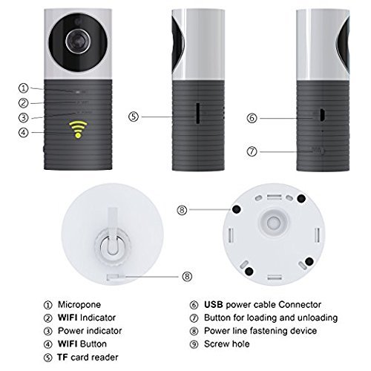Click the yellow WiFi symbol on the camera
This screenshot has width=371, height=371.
coord(78,129)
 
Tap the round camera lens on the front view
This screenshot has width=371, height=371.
coord(78,42)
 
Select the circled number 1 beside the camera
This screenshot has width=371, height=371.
coord(24,88)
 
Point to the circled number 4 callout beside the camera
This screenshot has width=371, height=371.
coord(24,133)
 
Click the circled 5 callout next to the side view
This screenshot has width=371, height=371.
coord(134,116)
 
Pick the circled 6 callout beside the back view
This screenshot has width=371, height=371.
coord(252,118)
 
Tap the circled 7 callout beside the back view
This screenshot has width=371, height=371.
coord(252,151)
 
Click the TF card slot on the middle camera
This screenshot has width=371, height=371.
coord(198,114)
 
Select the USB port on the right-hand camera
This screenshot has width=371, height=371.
coord(322,115)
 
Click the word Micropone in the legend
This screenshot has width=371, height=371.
coord(79,304)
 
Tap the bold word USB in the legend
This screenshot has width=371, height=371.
coord(214,304)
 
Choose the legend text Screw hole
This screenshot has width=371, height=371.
coord(227,344)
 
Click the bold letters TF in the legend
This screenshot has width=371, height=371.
coord(62,357)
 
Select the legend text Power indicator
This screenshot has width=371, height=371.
coord(90,331)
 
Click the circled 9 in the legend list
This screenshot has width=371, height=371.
coord(194,344)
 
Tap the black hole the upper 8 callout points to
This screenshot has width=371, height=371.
coord(237,209)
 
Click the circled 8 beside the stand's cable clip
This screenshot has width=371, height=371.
coord(187,276)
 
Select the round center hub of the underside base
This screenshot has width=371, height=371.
coord(273,223)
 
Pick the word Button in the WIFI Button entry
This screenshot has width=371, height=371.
coord(93,344)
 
